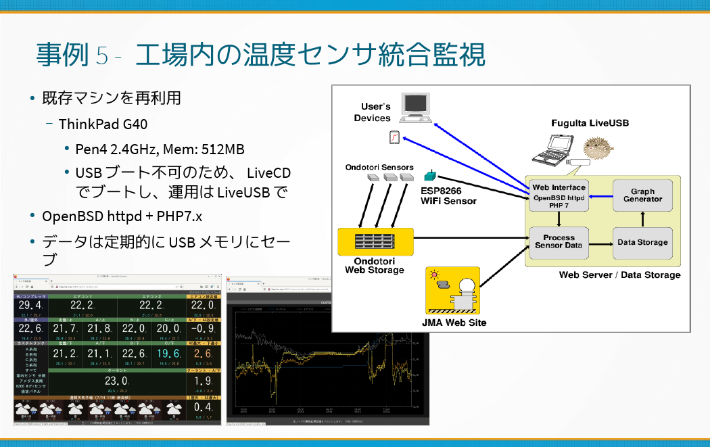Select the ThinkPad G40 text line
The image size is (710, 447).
click(x=103, y=124)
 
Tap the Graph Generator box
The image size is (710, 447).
click(x=642, y=195)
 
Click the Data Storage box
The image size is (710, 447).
click(x=642, y=242)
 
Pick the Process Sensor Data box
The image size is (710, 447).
click(x=559, y=241)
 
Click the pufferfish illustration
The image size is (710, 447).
click(x=596, y=149)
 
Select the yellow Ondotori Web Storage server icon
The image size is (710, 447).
click(x=374, y=241)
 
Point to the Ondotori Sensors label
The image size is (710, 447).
click(x=379, y=167)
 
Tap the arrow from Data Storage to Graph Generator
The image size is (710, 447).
click(x=642, y=218)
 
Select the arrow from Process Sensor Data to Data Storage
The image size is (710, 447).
click(x=600, y=242)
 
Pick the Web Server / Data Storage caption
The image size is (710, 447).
click(x=619, y=275)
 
